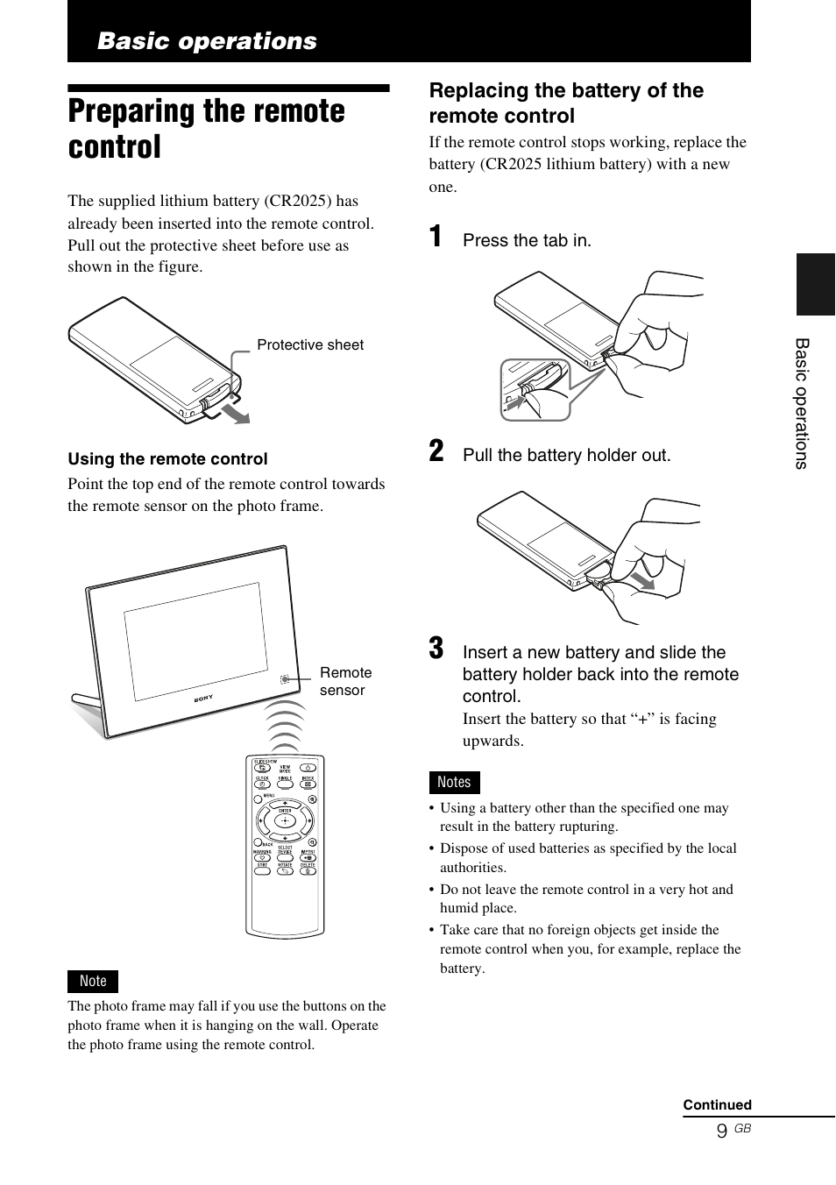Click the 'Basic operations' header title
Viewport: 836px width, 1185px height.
coord(207,41)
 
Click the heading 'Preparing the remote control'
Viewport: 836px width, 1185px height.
coord(207,129)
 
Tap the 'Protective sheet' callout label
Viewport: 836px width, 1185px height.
coord(309,344)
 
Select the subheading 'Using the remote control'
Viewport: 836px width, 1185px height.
coord(167,458)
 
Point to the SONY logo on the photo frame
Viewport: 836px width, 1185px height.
coord(202,699)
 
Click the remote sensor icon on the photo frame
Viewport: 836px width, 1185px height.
coord(285,679)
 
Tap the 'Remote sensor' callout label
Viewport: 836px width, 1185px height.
coord(345,681)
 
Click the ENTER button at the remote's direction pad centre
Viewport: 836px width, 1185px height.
coord(285,821)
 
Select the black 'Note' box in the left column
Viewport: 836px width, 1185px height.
coord(93,981)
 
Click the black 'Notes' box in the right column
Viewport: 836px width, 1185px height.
coord(454,782)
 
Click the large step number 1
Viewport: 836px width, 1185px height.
coord(436,237)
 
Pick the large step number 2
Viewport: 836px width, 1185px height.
coord(436,451)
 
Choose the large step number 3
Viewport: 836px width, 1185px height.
coord(436,649)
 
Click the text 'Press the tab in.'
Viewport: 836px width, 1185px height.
coord(527,240)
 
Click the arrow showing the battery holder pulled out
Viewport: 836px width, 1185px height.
coord(642,581)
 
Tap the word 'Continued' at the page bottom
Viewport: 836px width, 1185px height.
coord(717,1104)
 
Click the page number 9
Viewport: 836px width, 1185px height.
coord(721,1131)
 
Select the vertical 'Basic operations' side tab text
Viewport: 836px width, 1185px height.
coord(802,403)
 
